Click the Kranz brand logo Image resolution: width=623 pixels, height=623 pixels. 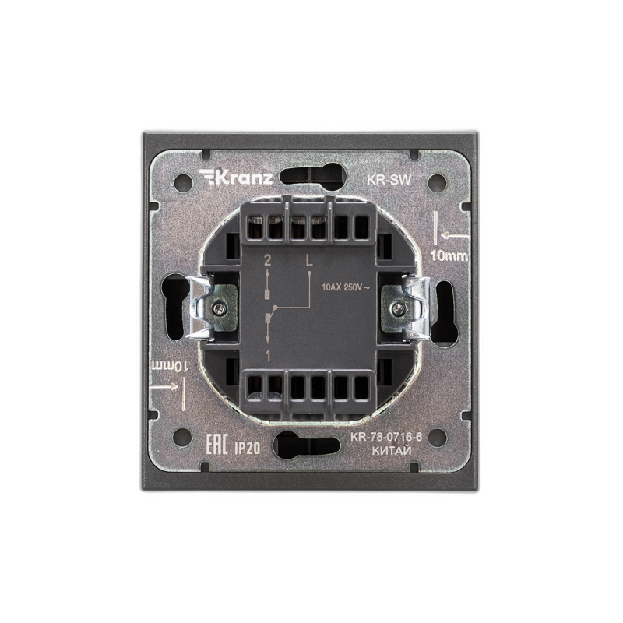236,178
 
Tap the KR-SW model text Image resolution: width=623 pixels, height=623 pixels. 389,180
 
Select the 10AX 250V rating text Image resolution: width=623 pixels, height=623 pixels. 346,287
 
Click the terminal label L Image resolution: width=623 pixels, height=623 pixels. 309,260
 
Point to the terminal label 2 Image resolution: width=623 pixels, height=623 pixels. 267,261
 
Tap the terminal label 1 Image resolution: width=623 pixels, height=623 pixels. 268,356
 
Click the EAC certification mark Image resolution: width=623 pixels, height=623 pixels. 216,445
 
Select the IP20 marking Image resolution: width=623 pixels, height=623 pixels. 247,449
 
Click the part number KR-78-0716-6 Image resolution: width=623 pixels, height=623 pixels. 385,437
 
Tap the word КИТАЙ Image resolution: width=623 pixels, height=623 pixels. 392,451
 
